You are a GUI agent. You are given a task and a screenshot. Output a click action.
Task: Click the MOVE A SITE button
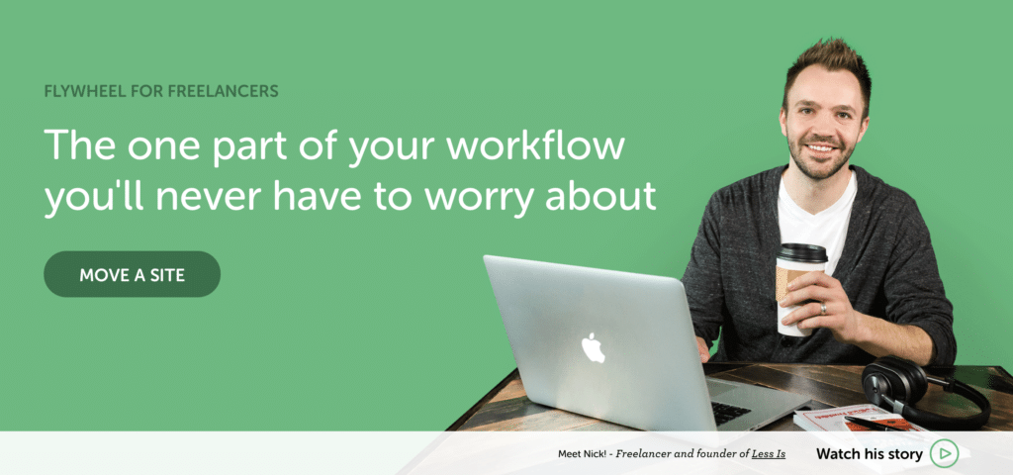click(x=132, y=274)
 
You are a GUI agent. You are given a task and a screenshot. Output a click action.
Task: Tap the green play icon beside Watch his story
click(x=944, y=453)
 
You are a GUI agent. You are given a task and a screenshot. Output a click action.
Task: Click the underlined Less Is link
click(x=768, y=454)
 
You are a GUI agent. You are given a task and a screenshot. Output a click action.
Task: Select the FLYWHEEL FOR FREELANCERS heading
click(x=161, y=91)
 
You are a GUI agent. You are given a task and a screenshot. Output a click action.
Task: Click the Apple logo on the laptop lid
click(x=593, y=347)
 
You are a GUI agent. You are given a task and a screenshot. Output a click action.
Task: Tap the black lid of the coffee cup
click(x=801, y=252)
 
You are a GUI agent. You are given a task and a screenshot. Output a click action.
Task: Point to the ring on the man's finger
click(x=823, y=309)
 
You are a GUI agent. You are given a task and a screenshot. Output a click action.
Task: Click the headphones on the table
click(x=924, y=390)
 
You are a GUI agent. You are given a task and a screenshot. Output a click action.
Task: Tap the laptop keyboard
click(x=729, y=412)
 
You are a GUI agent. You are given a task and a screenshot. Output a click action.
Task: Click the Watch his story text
click(x=870, y=453)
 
